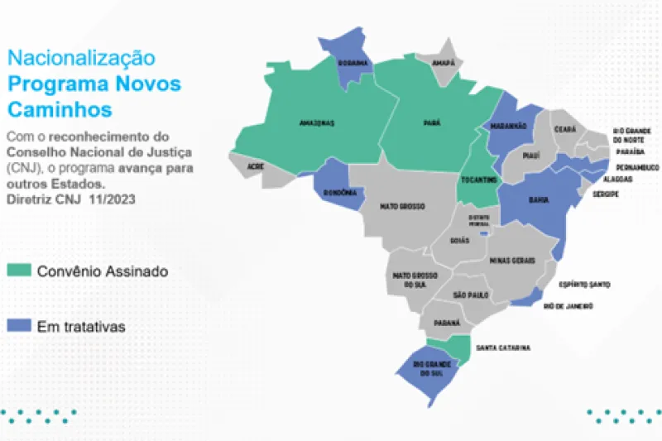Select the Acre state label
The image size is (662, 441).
point(256,165)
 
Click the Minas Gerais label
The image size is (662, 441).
point(512,261)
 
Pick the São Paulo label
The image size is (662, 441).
point(471,295)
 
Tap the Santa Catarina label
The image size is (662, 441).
point(503,348)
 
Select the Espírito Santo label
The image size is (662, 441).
point(585,285)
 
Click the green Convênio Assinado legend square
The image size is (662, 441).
point(18,271)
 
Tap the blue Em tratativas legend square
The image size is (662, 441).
point(18,326)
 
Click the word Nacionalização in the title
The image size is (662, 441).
point(81,58)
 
